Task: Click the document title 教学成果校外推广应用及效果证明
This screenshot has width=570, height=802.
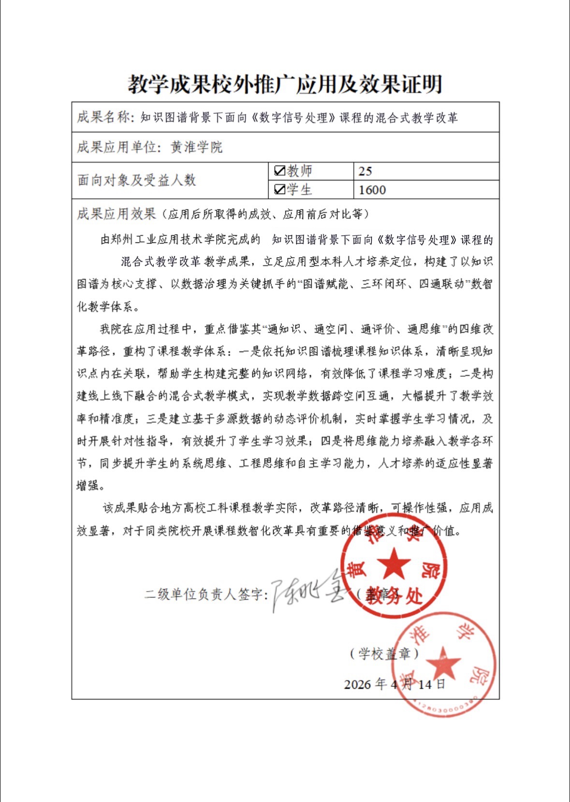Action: click(285, 84)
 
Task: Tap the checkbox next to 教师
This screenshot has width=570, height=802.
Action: click(279, 171)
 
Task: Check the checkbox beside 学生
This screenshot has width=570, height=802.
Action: click(279, 190)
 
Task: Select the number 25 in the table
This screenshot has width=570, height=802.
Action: click(365, 171)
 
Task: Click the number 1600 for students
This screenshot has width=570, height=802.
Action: click(372, 190)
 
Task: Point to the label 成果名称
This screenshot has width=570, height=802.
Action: click(103, 117)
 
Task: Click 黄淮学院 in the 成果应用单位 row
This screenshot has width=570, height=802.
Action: click(196, 147)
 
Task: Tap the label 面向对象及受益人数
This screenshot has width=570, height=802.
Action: click(136, 180)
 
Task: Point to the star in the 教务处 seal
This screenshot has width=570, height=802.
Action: click(394, 564)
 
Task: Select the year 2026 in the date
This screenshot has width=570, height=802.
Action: click(357, 684)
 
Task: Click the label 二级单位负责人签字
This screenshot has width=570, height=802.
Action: click(205, 594)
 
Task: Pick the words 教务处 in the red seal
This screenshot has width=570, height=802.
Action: click(395, 596)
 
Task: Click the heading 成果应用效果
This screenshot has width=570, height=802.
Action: click(116, 214)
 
